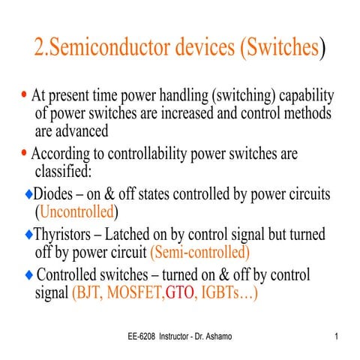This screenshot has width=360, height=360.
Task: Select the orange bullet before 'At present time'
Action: tap(24, 96)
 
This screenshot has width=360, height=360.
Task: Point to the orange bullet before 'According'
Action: tap(24, 154)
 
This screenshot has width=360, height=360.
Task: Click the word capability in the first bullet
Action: tap(305, 97)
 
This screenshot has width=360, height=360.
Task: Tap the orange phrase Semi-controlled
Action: tap(200, 252)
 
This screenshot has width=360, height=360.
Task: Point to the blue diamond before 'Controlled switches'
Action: tap(28, 274)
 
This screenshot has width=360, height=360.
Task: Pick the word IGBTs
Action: tap(221, 292)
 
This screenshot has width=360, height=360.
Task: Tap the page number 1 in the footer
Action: tap(338, 337)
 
